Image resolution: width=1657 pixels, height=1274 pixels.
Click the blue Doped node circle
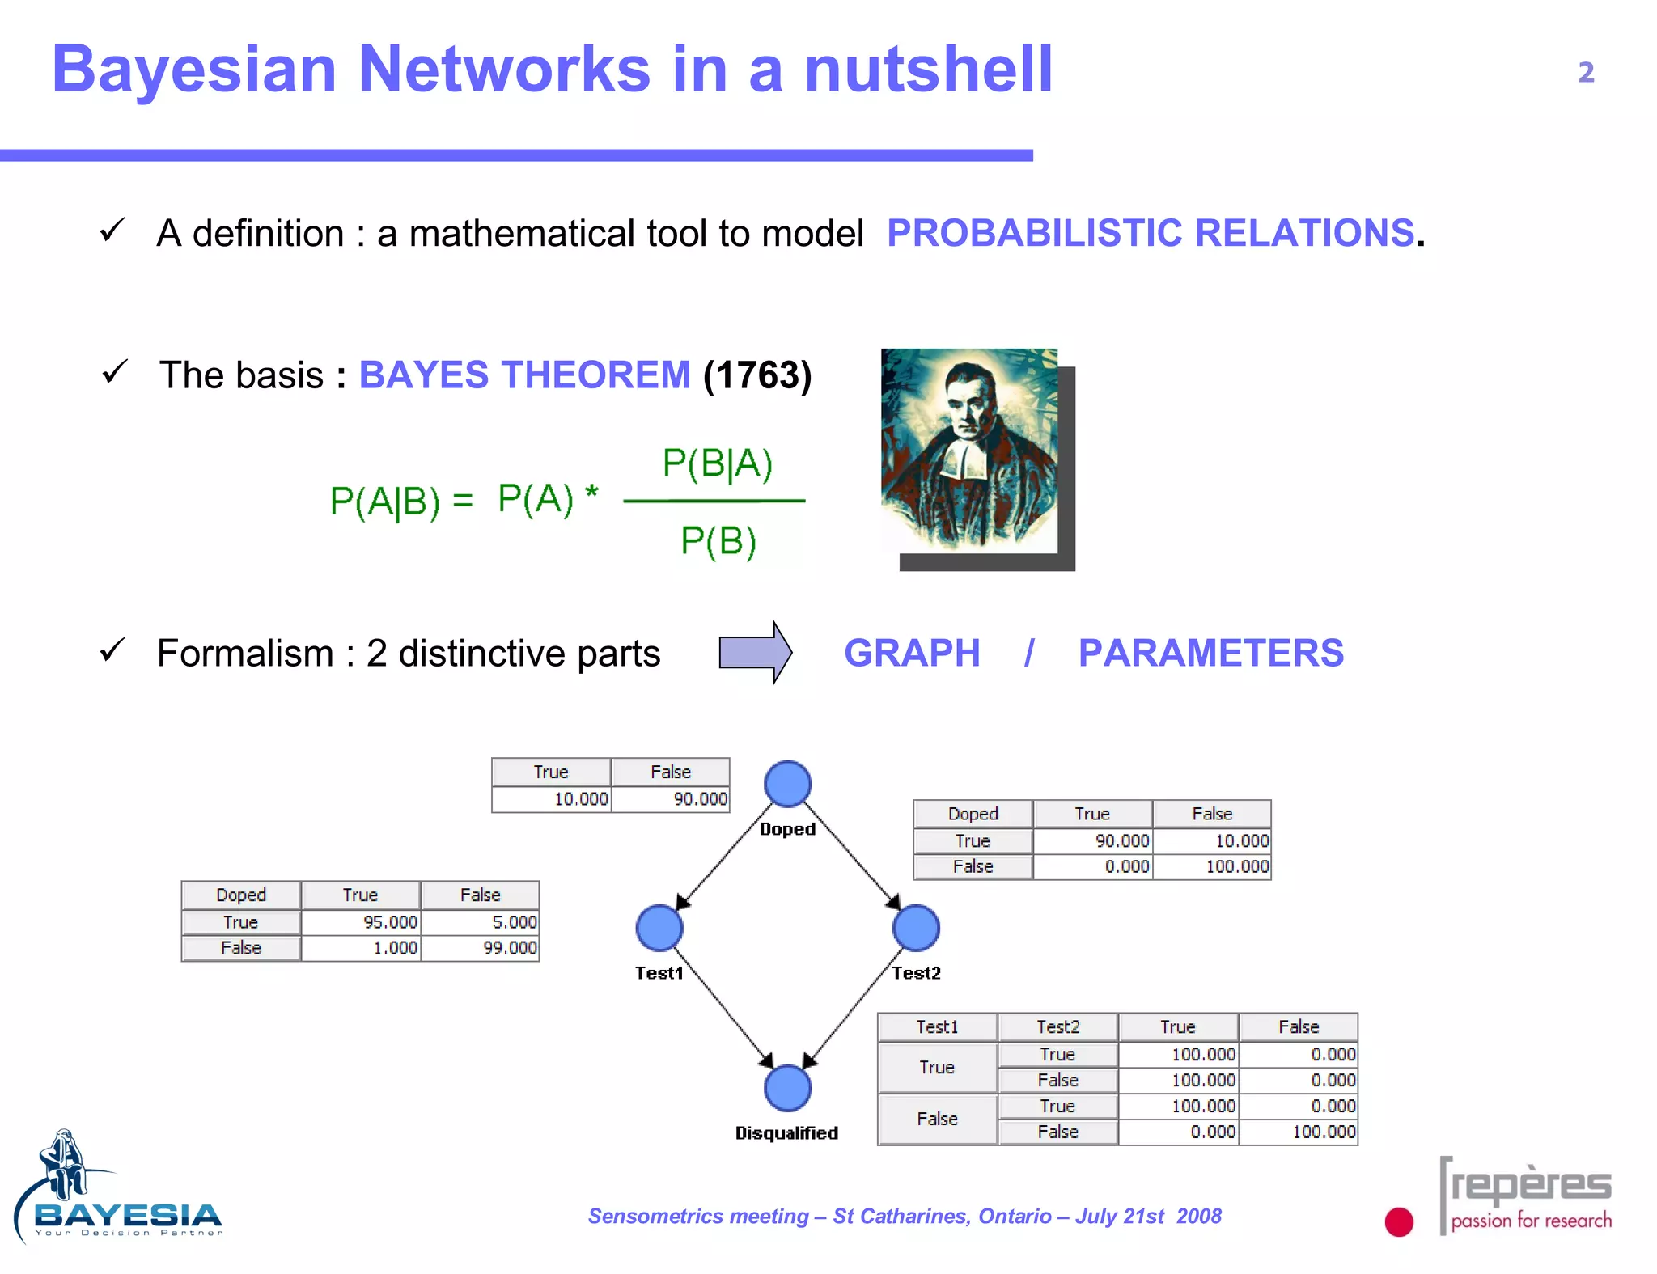787,784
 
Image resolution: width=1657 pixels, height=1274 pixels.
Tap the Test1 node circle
659,927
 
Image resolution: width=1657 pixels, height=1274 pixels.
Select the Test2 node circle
916,927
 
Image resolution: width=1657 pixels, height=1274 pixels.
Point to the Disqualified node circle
787,1088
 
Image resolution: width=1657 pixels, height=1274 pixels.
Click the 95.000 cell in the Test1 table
361,922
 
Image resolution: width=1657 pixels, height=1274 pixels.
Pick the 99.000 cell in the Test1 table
481,948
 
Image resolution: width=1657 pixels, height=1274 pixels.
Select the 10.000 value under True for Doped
552,799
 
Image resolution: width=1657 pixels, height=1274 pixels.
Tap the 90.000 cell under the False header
671,799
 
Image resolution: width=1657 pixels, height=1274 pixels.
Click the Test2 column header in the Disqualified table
1057,1026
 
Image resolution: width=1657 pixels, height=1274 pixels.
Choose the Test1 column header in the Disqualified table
937,1026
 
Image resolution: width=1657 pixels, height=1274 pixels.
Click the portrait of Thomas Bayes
969,451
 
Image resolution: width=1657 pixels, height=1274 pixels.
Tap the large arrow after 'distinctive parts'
755,652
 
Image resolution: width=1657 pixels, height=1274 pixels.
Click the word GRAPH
912,653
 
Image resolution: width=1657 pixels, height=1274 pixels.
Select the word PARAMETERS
1210,653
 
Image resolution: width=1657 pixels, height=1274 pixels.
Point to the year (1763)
757,375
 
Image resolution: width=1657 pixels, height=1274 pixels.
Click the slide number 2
1586,73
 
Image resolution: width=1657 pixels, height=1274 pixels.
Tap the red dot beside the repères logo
1399,1221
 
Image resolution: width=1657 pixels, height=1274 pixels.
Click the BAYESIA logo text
128,1215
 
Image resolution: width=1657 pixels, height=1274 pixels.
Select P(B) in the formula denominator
718,540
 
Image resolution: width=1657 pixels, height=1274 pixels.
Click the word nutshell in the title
928,70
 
